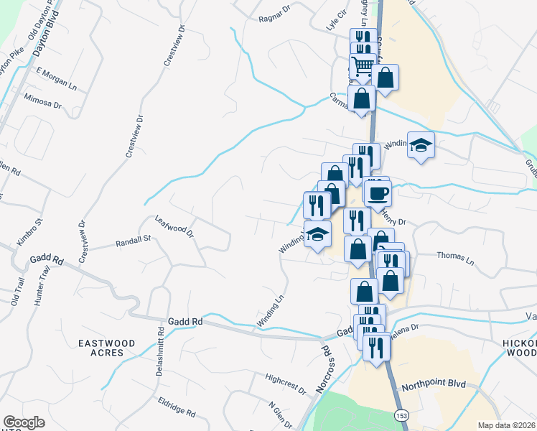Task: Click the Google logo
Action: pyautogui.click(x=24, y=422)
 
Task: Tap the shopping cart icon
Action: pyautogui.click(x=363, y=66)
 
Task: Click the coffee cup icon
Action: pyautogui.click(x=377, y=193)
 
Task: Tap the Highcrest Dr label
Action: pyautogui.click(x=285, y=383)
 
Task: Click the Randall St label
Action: pyautogui.click(x=132, y=242)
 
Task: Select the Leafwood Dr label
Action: pyautogui.click(x=175, y=226)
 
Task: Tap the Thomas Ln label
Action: pyautogui.click(x=456, y=259)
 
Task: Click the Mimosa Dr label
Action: pyautogui.click(x=43, y=100)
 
